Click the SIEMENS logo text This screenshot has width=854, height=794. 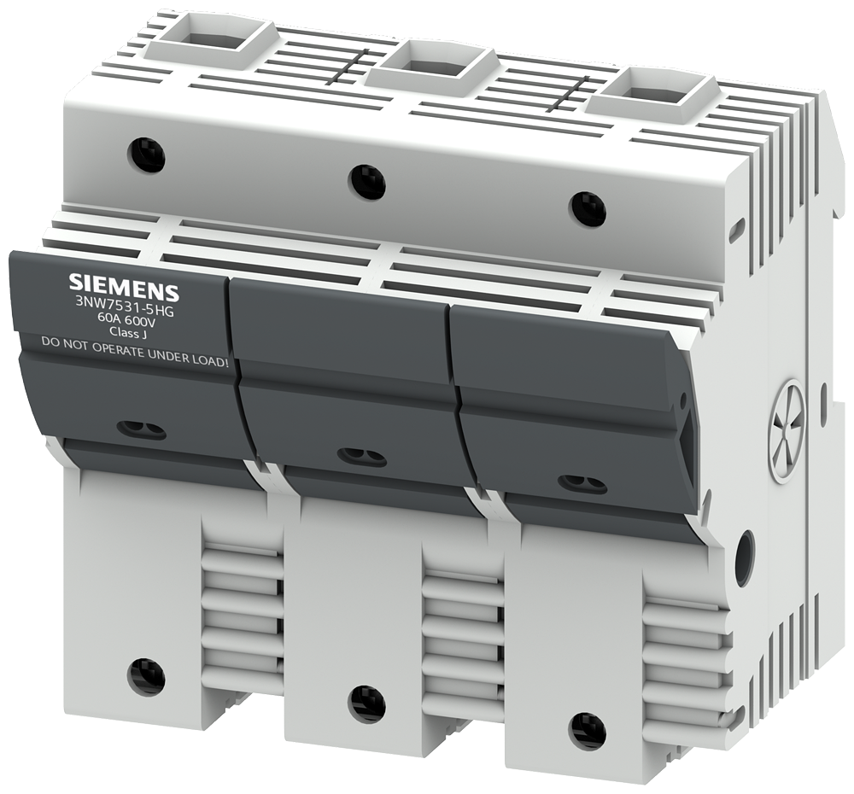[124, 285]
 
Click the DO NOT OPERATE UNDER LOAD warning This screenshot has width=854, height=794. [136, 344]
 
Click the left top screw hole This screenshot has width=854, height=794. [146, 155]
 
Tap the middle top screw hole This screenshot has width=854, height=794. [367, 182]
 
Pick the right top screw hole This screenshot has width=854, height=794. [588, 209]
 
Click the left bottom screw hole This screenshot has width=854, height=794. [146, 677]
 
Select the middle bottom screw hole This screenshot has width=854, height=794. [366, 704]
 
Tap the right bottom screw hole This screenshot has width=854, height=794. [588, 732]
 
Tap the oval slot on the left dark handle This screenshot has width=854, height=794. [141, 430]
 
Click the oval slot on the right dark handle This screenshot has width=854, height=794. [582, 484]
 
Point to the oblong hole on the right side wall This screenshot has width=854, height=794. [745, 558]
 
